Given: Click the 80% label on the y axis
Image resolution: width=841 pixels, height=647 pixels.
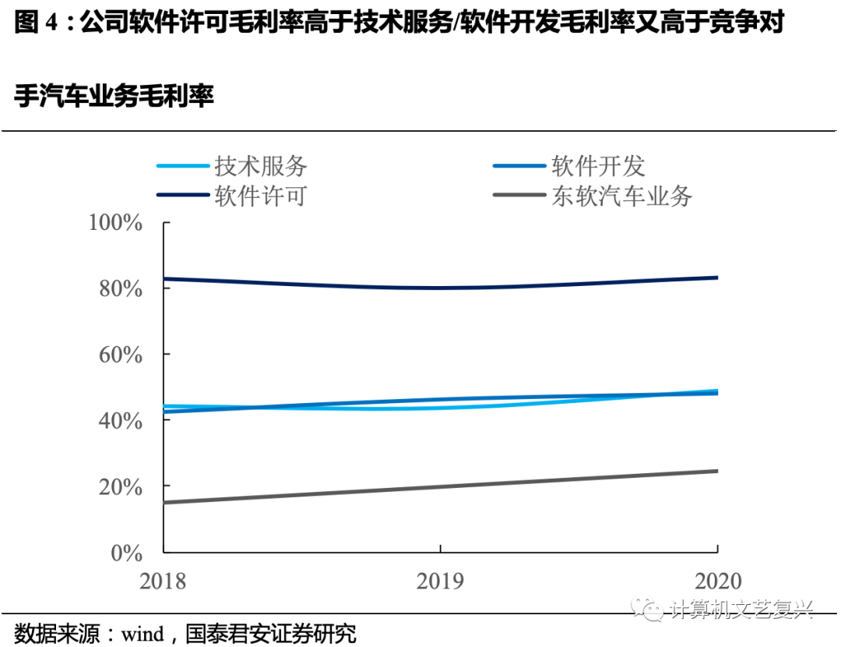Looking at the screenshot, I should (121, 288).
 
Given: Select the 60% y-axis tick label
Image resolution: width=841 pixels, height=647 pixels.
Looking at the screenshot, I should (121, 355).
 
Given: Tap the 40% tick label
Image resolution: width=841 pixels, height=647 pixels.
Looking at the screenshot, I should (121, 421).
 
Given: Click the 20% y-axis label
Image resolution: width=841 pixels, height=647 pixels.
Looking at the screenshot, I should (121, 486).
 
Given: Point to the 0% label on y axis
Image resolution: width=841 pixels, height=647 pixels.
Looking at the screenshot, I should (126, 553).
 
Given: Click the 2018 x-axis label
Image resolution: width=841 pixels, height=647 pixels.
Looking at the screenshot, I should (163, 582).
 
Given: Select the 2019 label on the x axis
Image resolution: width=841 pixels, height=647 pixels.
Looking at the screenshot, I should (441, 582).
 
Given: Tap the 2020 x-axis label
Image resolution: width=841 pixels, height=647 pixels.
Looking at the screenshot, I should (716, 582).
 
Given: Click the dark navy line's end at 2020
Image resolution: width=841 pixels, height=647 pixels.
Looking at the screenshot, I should (716, 278).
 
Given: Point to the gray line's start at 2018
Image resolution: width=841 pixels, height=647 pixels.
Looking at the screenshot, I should (164, 502).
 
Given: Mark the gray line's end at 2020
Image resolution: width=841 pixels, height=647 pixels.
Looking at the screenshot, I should (716, 471).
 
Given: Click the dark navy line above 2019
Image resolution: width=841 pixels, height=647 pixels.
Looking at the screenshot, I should (441, 288).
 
